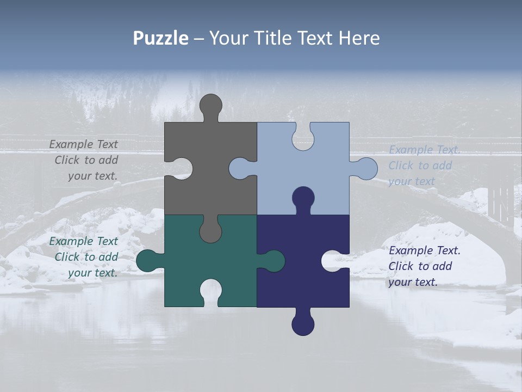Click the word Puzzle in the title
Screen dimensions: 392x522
(x=161, y=38)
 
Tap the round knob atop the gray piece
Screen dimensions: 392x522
(x=210, y=105)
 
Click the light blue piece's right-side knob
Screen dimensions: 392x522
(x=366, y=168)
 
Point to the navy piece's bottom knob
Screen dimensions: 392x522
(x=303, y=324)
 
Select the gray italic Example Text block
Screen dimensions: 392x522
(x=84, y=160)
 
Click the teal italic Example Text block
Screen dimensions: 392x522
(x=84, y=257)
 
